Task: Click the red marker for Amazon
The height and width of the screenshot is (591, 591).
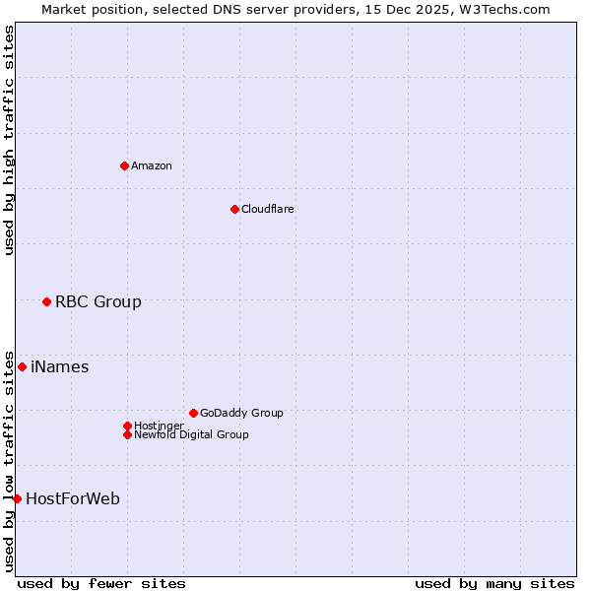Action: tap(124, 165)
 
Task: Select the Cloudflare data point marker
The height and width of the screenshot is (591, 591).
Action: tap(234, 209)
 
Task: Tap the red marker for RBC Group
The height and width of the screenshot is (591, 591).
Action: tap(46, 301)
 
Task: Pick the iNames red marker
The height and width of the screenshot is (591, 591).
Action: tap(22, 367)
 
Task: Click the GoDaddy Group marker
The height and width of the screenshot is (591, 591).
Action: tap(193, 413)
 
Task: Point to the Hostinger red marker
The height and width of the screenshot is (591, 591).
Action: tap(127, 426)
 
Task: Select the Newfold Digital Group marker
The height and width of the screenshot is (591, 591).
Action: tap(127, 434)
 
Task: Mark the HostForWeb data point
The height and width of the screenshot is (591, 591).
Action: tap(17, 498)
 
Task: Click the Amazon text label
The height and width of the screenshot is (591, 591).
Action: tap(152, 165)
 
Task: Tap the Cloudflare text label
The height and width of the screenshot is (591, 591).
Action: tap(268, 209)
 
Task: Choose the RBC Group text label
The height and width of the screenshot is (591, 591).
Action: tap(98, 301)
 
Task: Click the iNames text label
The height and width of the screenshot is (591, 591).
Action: tap(60, 367)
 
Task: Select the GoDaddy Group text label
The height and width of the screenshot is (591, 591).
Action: tap(241, 413)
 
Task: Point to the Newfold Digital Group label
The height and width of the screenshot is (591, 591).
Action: tap(191, 434)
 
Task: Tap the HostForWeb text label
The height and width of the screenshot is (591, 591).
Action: tap(73, 498)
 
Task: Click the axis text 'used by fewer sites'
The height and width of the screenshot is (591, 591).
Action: tap(101, 583)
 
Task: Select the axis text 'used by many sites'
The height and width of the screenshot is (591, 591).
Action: tap(494, 583)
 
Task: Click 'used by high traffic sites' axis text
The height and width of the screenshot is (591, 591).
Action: tap(9, 140)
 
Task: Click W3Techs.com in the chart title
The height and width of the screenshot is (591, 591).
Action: tap(499, 9)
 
